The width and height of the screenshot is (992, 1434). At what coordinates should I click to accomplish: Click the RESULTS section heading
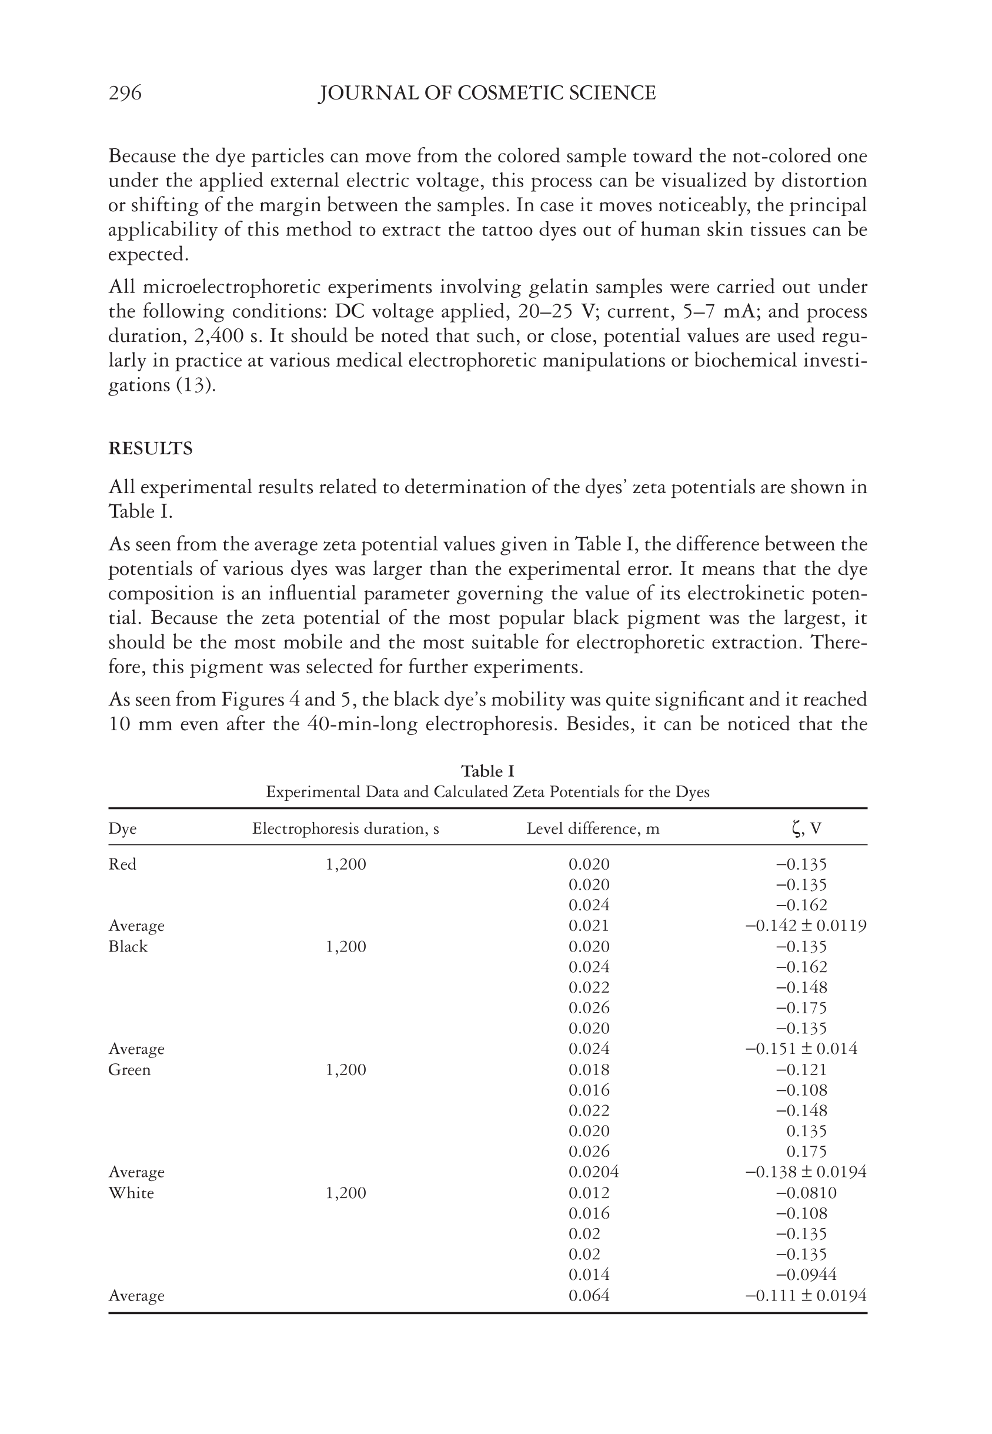click(151, 448)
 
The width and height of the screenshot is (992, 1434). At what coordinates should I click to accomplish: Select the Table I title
click(487, 771)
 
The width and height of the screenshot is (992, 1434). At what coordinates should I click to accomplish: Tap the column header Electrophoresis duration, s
click(346, 829)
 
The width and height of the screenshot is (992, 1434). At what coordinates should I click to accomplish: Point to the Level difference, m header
click(592, 829)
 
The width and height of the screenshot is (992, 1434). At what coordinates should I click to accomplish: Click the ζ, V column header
click(806, 829)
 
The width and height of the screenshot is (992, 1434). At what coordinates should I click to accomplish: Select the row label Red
click(122, 864)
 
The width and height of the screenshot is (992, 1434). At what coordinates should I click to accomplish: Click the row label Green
click(129, 1070)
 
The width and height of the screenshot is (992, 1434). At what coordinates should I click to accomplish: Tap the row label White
click(131, 1193)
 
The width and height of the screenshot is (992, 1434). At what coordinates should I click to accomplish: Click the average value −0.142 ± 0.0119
click(806, 926)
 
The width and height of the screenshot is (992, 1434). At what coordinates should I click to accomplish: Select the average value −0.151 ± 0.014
click(801, 1049)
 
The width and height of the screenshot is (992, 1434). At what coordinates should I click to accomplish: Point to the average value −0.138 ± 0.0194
click(806, 1172)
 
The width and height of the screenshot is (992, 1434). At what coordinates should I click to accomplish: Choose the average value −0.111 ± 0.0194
click(806, 1296)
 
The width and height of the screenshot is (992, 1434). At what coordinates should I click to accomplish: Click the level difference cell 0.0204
click(593, 1172)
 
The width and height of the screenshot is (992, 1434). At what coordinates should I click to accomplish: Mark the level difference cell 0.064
click(589, 1296)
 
